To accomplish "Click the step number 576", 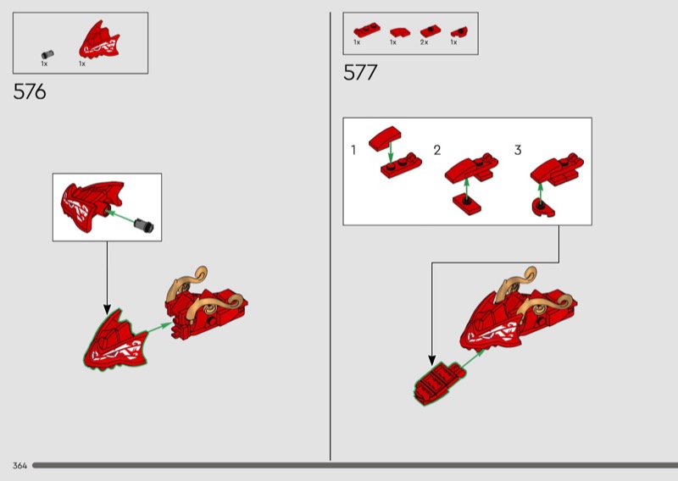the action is click(30, 91).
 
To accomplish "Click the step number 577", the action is click(360, 72).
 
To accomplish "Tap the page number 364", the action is click(19, 466).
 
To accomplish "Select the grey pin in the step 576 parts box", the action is click(47, 54).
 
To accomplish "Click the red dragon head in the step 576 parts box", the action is click(99, 40).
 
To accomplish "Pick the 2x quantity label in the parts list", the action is click(424, 42).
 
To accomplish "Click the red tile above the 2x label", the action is click(431, 31).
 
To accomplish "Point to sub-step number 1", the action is click(353, 150).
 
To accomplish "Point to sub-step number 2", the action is click(437, 150).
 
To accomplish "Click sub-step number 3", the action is click(518, 150).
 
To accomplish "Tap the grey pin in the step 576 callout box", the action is click(143, 225).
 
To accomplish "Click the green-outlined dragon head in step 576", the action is click(115, 341).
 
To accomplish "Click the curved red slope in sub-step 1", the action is click(385, 138).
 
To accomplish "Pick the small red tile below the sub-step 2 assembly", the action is click(467, 204).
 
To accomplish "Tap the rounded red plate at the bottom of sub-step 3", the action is click(543, 207).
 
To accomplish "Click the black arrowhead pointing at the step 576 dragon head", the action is click(107, 309).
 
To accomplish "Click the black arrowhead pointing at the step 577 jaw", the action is click(431, 360).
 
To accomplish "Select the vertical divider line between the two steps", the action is click(331, 236).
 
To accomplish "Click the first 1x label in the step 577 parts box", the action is click(357, 42).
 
